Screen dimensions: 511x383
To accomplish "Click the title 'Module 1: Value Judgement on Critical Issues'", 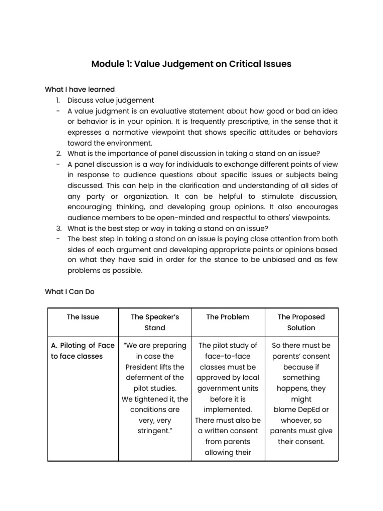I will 191,64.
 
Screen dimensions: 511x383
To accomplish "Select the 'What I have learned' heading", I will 80,89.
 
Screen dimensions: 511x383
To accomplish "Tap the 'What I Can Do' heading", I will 69,292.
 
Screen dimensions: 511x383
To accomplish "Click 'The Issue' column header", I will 83,317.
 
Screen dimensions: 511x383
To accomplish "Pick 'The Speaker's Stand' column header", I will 155,322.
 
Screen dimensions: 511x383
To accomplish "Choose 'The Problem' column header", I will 228,317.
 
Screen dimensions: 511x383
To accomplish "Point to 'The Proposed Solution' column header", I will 301,322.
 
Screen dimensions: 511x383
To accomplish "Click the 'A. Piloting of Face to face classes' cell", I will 83,351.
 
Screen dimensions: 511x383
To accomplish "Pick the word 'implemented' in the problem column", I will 227,410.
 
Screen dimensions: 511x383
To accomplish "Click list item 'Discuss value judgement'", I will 111,100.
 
